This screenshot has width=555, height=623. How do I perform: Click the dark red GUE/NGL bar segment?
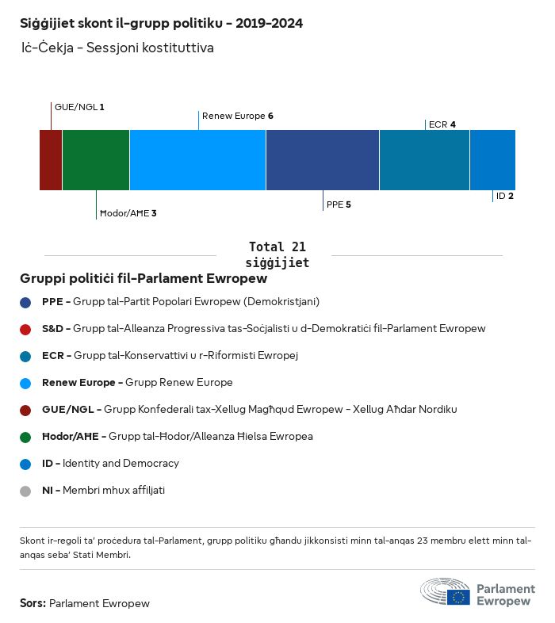[51, 160]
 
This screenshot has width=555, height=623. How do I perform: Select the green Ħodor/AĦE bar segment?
[96, 160]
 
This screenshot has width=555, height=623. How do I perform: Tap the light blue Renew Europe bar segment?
[197, 160]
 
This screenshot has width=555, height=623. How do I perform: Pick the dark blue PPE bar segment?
[323, 160]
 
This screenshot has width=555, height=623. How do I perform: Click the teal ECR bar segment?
[424, 160]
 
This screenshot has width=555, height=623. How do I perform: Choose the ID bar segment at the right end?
[492, 160]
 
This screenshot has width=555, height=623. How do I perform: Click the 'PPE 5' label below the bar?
[339, 204]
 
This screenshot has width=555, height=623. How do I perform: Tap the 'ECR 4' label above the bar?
[442, 124]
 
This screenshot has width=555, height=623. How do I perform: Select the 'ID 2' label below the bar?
[505, 196]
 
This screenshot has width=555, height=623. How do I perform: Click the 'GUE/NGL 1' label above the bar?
[79, 107]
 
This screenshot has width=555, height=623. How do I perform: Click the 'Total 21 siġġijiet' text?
[277, 254]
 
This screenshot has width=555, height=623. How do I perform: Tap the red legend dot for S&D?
[25, 329]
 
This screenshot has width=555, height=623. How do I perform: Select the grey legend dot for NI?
[25, 491]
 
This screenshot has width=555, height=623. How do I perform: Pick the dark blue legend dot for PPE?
[25, 302]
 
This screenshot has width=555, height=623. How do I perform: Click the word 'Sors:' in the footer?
[33, 603]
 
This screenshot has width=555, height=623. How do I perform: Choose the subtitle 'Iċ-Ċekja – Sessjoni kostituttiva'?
[117, 48]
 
